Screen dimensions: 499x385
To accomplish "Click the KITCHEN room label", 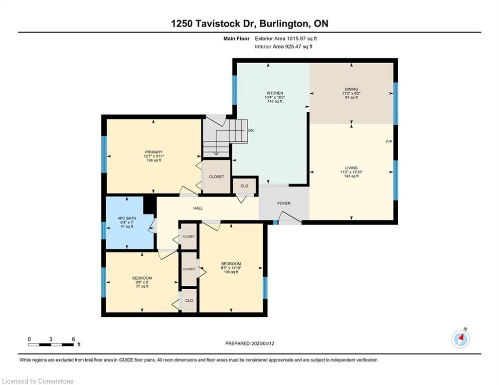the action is pyautogui.click(x=275, y=93).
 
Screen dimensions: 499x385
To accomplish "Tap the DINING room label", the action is pyautogui.click(x=352, y=89).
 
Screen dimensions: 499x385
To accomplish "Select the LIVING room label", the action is pyautogui.click(x=352, y=167).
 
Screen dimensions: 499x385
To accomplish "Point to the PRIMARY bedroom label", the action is pyautogui.click(x=153, y=152).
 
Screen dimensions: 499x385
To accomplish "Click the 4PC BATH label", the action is pyautogui.click(x=127, y=218).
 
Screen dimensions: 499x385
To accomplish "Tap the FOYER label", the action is pyautogui.click(x=284, y=204).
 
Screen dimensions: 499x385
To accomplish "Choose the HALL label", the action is pyautogui.click(x=198, y=209).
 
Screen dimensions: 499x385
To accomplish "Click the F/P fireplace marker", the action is pyautogui.click(x=389, y=142).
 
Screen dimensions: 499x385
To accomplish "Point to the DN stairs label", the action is pyautogui.click(x=251, y=130).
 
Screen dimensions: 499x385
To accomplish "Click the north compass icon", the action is pyautogui.click(x=461, y=339).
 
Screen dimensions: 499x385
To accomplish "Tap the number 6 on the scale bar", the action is pyautogui.click(x=73, y=339).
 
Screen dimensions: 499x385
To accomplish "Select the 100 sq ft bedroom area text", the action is pyautogui.click(x=231, y=272).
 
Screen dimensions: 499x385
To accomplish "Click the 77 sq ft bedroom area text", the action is pyautogui.click(x=142, y=286).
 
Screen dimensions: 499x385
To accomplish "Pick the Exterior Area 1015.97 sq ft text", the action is pyautogui.click(x=286, y=39).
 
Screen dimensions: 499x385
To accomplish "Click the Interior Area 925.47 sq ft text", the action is pyautogui.click(x=283, y=47).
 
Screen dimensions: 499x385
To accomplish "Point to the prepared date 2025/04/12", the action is pyautogui.click(x=263, y=343).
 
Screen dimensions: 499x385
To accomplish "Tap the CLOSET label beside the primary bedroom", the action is pyautogui.click(x=217, y=176).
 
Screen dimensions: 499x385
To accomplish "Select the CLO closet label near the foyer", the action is pyautogui.click(x=244, y=186).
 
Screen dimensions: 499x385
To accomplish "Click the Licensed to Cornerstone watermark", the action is pyautogui.click(x=38, y=381).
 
